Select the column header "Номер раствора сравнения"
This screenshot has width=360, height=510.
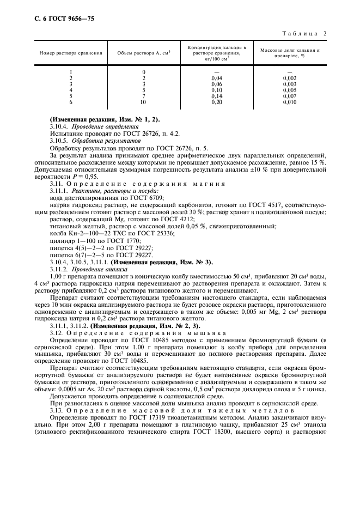click(71, 53)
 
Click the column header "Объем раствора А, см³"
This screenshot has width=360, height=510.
click(144, 53)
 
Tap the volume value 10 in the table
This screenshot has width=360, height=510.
click(143, 102)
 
